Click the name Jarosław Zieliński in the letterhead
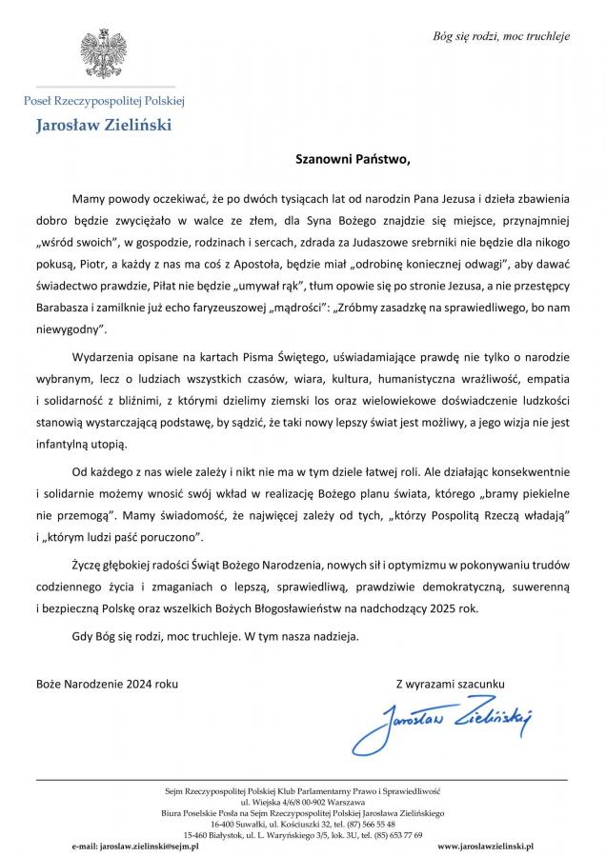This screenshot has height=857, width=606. (105, 124)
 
